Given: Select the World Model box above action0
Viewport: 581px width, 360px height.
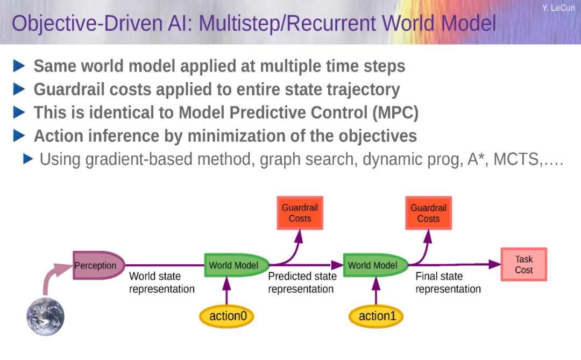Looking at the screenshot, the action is (x=236, y=265).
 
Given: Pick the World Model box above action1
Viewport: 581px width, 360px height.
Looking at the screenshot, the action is (x=375, y=265).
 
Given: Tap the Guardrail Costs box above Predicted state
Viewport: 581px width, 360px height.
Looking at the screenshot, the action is (x=300, y=213).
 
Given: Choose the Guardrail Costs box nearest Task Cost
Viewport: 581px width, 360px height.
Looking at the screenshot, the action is (x=428, y=213).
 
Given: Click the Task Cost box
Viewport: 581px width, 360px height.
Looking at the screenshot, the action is (x=523, y=264).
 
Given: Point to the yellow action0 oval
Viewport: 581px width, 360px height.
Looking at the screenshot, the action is (x=227, y=316).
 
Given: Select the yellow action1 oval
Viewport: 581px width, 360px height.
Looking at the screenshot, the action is (x=376, y=316).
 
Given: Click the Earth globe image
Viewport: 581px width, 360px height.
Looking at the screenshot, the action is (x=46, y=316).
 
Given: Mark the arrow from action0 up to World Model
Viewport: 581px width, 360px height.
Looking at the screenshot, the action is (x=227, y=291).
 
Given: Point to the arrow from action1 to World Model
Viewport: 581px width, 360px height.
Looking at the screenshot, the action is (x=376, y=291).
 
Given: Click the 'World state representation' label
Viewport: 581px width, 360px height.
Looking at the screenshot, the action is (x=161, y=283).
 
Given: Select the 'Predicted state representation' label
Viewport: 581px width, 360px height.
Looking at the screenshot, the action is (x=302, y=283).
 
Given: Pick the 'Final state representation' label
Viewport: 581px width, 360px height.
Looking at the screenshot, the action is (x=448, y=283).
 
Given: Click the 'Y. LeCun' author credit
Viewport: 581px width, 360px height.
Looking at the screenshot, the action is (x=558, y=8).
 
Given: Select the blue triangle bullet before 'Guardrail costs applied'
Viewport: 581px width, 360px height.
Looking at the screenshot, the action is (x=19, y=89).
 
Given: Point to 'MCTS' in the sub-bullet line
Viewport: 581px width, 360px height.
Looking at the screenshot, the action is (x=516, y=159).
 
